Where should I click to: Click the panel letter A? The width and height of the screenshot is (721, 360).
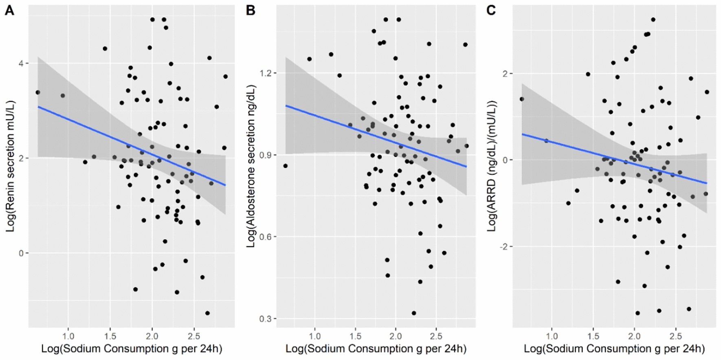(x=9, y=10)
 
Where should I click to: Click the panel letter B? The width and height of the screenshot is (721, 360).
(x=251, y=10)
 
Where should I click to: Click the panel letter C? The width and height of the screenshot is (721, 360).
(x=491, y=10)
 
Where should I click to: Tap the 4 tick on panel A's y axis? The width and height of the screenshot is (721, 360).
(x=22, y=64)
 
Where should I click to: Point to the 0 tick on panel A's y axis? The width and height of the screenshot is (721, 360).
(x=22, y=253)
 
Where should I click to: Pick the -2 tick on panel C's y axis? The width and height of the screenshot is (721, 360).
(x=505, y=247)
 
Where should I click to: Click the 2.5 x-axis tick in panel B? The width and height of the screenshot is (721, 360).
(x=436, y=336)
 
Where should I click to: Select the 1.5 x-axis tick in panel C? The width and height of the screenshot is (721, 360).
(x=593, y=336)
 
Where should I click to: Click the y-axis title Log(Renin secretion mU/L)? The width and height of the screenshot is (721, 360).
(x=10, y=166)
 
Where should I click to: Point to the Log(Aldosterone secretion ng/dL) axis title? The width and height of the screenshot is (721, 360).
(x=251, y=166)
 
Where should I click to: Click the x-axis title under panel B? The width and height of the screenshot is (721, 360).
(x=376, y=349)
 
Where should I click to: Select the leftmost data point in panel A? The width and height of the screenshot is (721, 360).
(x=38, y=92)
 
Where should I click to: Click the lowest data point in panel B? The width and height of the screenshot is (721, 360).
(x=414, y=313)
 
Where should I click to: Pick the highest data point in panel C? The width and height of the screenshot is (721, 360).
(x=653, y=20)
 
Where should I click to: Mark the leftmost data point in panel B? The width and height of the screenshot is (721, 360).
(x=285, y=166)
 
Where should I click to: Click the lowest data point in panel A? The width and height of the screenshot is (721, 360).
(x=207, y=313)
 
